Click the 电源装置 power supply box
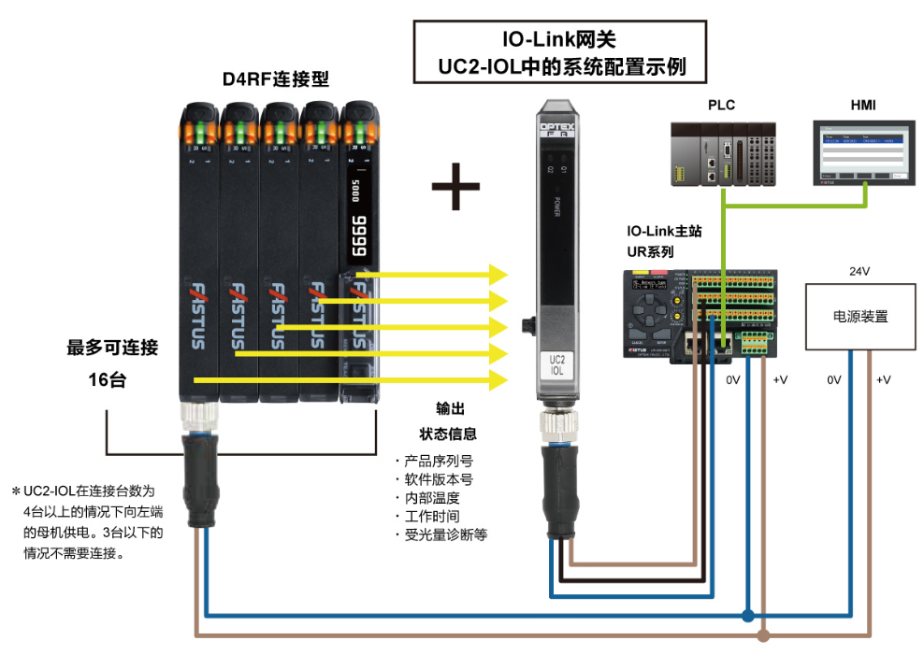[x=859, y=317]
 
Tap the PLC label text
[x=721, y=105]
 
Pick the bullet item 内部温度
[x=431, y=497]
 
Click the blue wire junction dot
[x=746, y=616]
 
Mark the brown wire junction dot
[x=764, y=637]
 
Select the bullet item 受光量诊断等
[x=444, y=534]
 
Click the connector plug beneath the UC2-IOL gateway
[x=558, y=486]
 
